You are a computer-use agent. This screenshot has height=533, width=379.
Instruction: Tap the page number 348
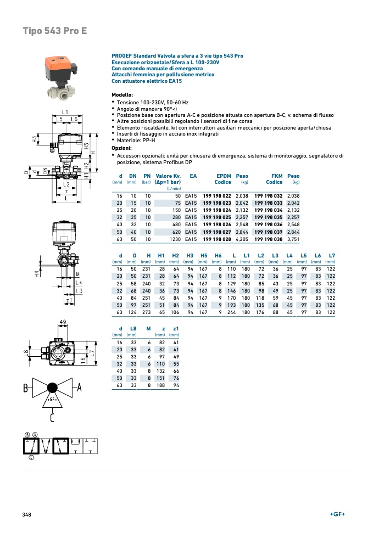26,514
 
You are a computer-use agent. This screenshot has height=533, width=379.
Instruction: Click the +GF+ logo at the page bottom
337,514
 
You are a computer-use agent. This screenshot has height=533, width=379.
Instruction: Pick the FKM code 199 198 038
268,239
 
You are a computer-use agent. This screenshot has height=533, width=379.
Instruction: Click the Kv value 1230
174,239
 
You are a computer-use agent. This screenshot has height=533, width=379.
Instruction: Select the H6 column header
218,256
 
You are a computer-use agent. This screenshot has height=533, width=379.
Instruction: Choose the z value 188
161,385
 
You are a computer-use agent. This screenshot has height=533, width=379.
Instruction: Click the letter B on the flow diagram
26,389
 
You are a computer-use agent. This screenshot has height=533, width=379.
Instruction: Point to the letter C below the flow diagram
52,419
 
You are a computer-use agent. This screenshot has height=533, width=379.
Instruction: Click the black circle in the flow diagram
53,388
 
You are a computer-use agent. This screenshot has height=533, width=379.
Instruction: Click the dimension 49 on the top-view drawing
63,322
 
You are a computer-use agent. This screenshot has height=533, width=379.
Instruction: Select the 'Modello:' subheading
122,95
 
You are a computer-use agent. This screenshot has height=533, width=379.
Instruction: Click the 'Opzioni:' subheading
122,148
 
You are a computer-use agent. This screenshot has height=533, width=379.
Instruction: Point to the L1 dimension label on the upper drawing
65,111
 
